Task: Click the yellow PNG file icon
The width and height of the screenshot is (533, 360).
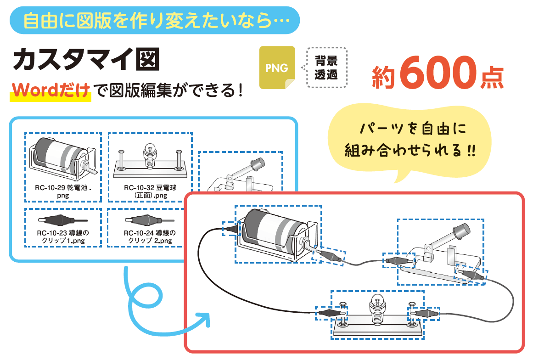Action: [277, 68]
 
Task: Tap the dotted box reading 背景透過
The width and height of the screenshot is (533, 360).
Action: [326, 67]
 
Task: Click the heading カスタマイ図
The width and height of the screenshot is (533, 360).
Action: [86, 60]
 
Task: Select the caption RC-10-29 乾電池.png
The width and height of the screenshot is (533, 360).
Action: [63, 191]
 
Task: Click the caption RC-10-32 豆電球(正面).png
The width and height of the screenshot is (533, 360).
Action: [150, 191]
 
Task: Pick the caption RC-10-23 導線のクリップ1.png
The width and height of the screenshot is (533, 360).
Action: [63, 236]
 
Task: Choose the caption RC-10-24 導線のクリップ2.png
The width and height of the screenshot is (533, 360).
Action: [150, 236]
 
